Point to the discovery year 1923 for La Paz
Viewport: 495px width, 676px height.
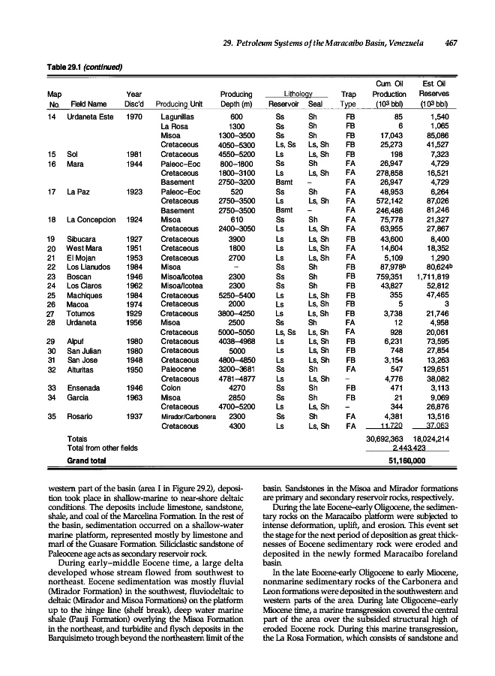[134, 192]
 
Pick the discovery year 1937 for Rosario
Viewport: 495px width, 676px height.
[134, 415]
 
